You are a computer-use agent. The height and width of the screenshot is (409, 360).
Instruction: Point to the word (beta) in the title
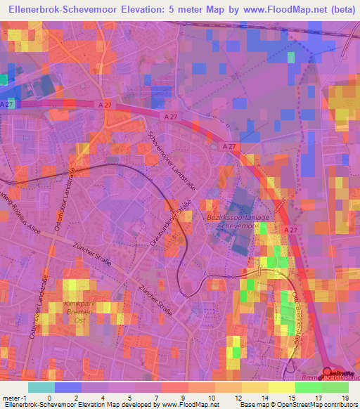(338, 9)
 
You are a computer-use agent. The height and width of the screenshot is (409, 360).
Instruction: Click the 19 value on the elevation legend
(345, 398)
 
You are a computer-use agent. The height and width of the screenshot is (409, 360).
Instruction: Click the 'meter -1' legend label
(13, 398)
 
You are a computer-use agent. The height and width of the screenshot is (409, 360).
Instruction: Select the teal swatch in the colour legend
(41, 387)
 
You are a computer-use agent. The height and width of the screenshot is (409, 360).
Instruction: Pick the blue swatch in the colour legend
(67, 387)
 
